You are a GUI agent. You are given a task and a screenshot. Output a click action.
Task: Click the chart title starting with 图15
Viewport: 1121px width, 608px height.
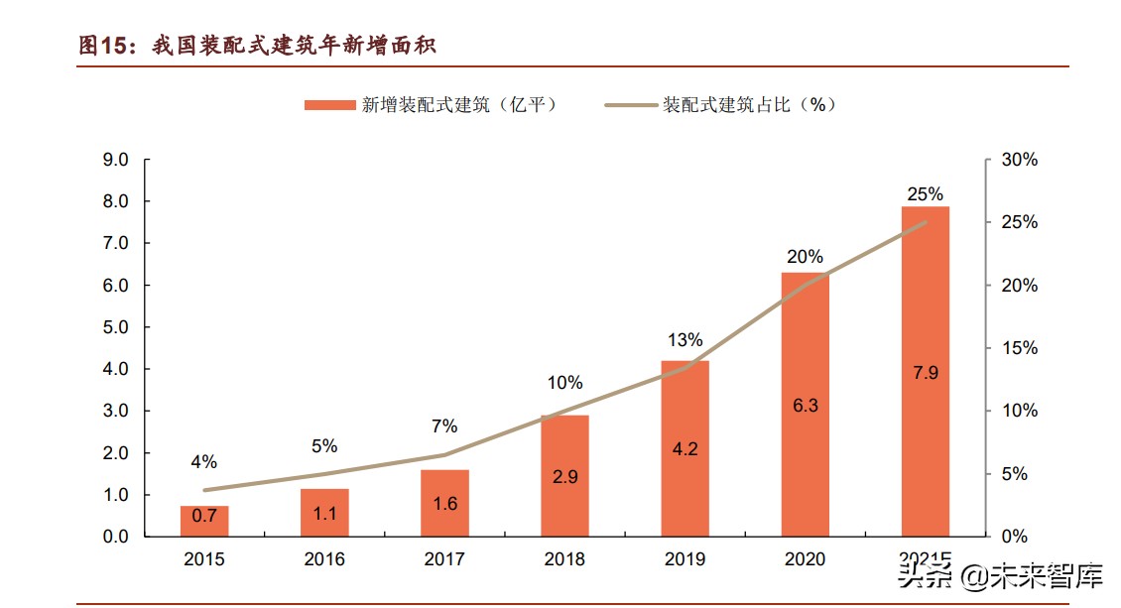[x=258, y=45]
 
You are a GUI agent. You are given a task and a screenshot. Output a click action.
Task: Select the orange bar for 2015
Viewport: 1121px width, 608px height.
[x=204, y=522]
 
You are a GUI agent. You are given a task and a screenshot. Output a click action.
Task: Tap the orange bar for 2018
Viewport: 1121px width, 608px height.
[x=564, y=476]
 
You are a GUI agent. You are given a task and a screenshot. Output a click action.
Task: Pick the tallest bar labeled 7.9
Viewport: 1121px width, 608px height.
[x=925, y=372]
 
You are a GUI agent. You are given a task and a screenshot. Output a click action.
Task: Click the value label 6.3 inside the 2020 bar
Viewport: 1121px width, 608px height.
[x=805, y=406]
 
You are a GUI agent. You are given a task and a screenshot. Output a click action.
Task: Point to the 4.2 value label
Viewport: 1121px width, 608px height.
[x=685, y=448]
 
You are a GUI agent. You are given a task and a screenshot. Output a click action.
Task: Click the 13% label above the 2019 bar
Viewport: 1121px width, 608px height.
[x=685, y=340]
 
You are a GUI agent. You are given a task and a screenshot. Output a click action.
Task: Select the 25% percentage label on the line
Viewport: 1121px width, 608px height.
[x=925, y=193]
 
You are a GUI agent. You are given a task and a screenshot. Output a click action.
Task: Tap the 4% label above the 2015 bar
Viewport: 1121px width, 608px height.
[x=203, y=462]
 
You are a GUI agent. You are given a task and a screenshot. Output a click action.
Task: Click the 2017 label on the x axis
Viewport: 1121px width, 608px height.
[x=444, y=559]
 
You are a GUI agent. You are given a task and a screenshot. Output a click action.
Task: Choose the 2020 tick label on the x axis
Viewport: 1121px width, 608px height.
[x=805, y=559]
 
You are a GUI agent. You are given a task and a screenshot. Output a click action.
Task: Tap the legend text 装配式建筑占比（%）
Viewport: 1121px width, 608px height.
[x=750, y=105]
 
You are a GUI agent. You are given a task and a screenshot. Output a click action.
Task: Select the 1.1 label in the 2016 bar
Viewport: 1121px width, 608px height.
[x=324, y=513]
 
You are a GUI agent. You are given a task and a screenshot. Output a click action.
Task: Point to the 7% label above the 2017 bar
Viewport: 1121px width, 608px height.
[x=444, y=426]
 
